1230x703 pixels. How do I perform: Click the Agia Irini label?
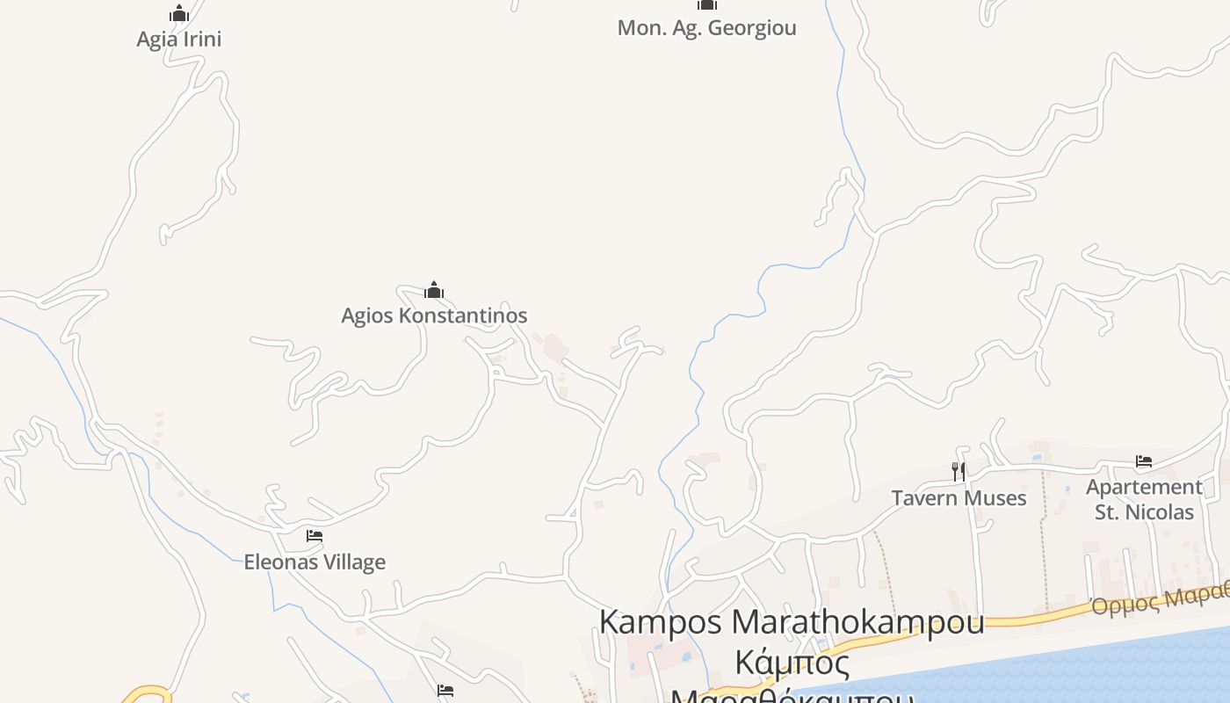click(x=179, y=40)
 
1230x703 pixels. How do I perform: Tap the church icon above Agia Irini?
click(x=179, y=14)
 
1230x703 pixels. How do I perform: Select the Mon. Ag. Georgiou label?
click(x=706, y=28)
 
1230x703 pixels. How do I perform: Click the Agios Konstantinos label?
click(x=434, y=315)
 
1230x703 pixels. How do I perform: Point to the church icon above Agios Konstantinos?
click(x=434, y=290)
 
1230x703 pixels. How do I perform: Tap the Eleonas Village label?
click(x=315, y=562)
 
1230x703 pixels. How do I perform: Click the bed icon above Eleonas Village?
click(x=315, y=536)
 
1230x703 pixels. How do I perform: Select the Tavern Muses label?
click(x=959, y=498)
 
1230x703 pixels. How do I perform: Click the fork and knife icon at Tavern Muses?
click(x=959, y=472)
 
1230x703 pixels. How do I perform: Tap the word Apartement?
click(x=1144, y=487)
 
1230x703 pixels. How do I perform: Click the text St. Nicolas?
click(x=1144, y=512)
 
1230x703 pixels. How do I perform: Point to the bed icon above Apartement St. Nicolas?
click(x=1144, y=460)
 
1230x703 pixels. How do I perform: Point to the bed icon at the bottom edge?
click(x=445, y=691)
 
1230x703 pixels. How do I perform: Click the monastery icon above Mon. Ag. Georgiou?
click(x=707, y=4)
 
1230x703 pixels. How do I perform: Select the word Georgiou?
click(x=752, y=28)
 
